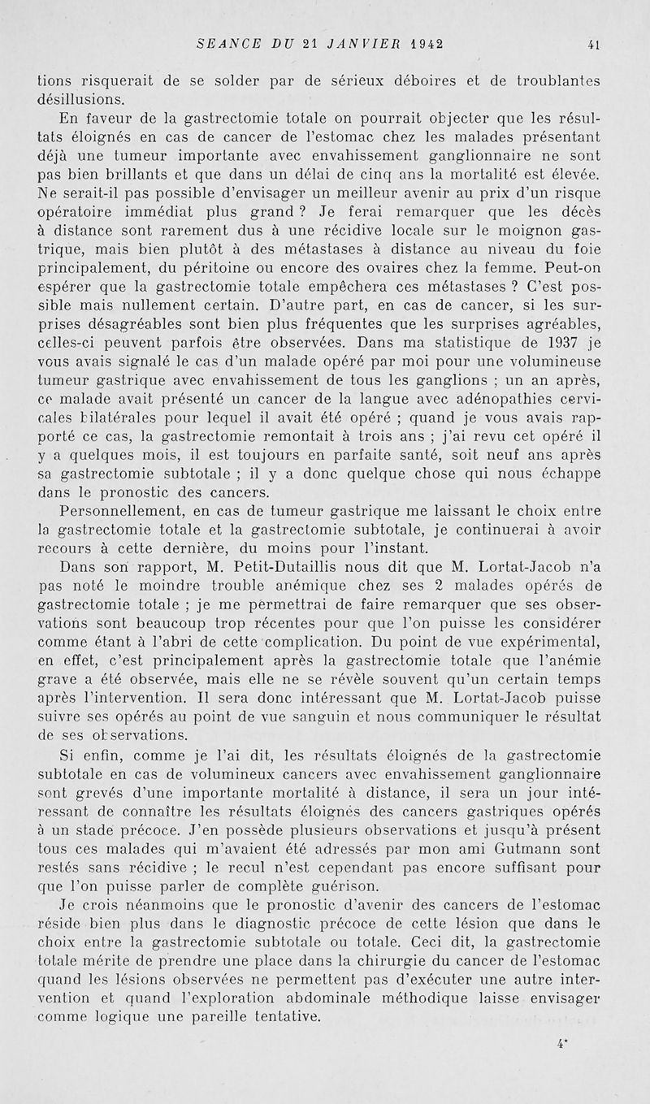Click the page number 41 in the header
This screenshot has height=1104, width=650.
click(594, 45)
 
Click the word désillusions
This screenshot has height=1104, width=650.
click(82, 100)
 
